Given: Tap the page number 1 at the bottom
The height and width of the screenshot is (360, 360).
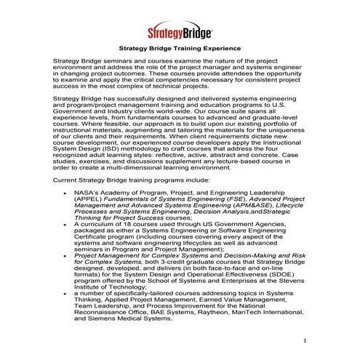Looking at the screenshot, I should point(305,340).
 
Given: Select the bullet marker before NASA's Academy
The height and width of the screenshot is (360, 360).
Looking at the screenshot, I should point(65,192).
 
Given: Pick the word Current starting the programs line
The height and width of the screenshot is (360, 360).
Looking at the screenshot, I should point(68,178).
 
